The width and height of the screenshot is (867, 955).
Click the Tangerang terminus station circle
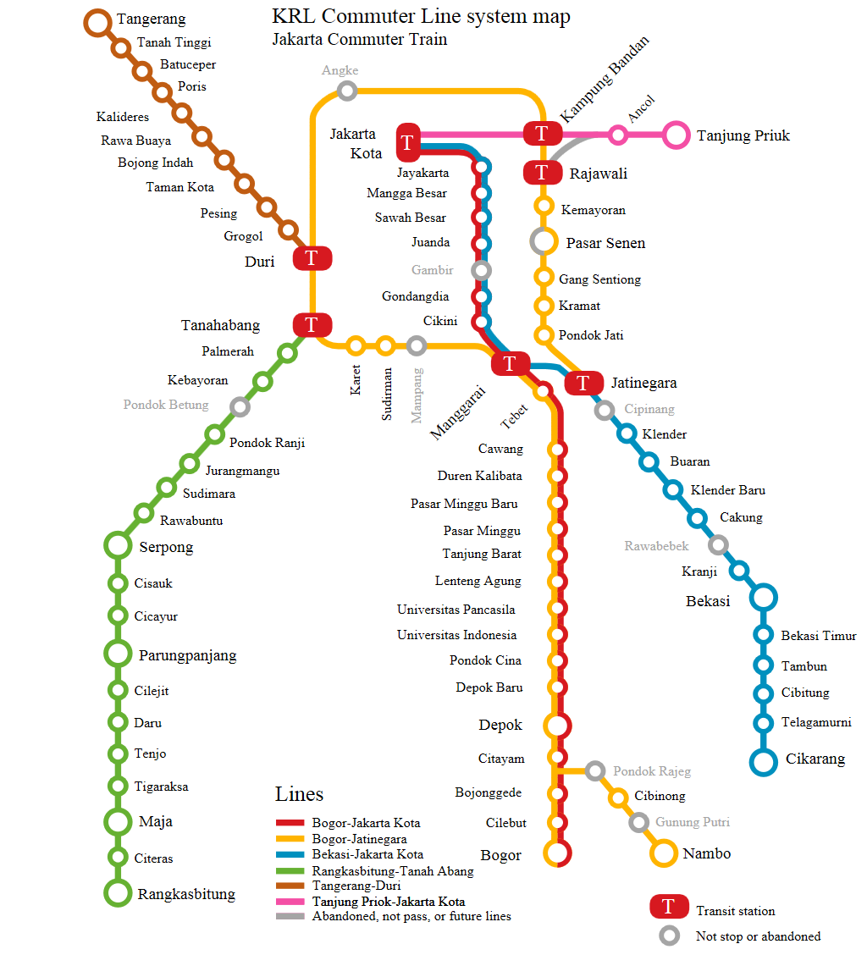[98, 23]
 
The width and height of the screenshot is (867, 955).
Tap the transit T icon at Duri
[312, 258]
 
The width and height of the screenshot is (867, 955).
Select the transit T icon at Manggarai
[510, 363]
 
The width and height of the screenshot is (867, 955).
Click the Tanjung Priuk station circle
[676, 135]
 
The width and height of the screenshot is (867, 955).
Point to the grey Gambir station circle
[482, 271]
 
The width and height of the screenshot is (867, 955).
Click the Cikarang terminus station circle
[763, 761]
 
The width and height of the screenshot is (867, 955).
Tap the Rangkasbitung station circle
[118, 893]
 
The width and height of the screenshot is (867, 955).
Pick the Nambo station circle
[663, 853]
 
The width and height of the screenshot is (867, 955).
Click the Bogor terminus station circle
[557, 854]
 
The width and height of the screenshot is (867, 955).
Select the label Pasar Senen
[605, 243]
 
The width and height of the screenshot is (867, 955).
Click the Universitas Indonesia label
[456, 635]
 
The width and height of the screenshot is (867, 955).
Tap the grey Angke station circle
[346, 91]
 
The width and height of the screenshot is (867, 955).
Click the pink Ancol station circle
[618, 135]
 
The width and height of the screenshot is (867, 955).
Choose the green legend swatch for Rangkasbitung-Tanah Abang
[289, 870]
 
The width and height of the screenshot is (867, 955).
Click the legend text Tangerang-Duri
[356, 886]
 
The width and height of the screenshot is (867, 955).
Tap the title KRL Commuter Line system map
[421, 17]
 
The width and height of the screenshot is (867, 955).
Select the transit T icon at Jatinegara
[583, 383]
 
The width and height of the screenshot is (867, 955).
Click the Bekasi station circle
[763, 597]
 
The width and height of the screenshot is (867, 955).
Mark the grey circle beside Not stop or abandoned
[669, 936]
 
